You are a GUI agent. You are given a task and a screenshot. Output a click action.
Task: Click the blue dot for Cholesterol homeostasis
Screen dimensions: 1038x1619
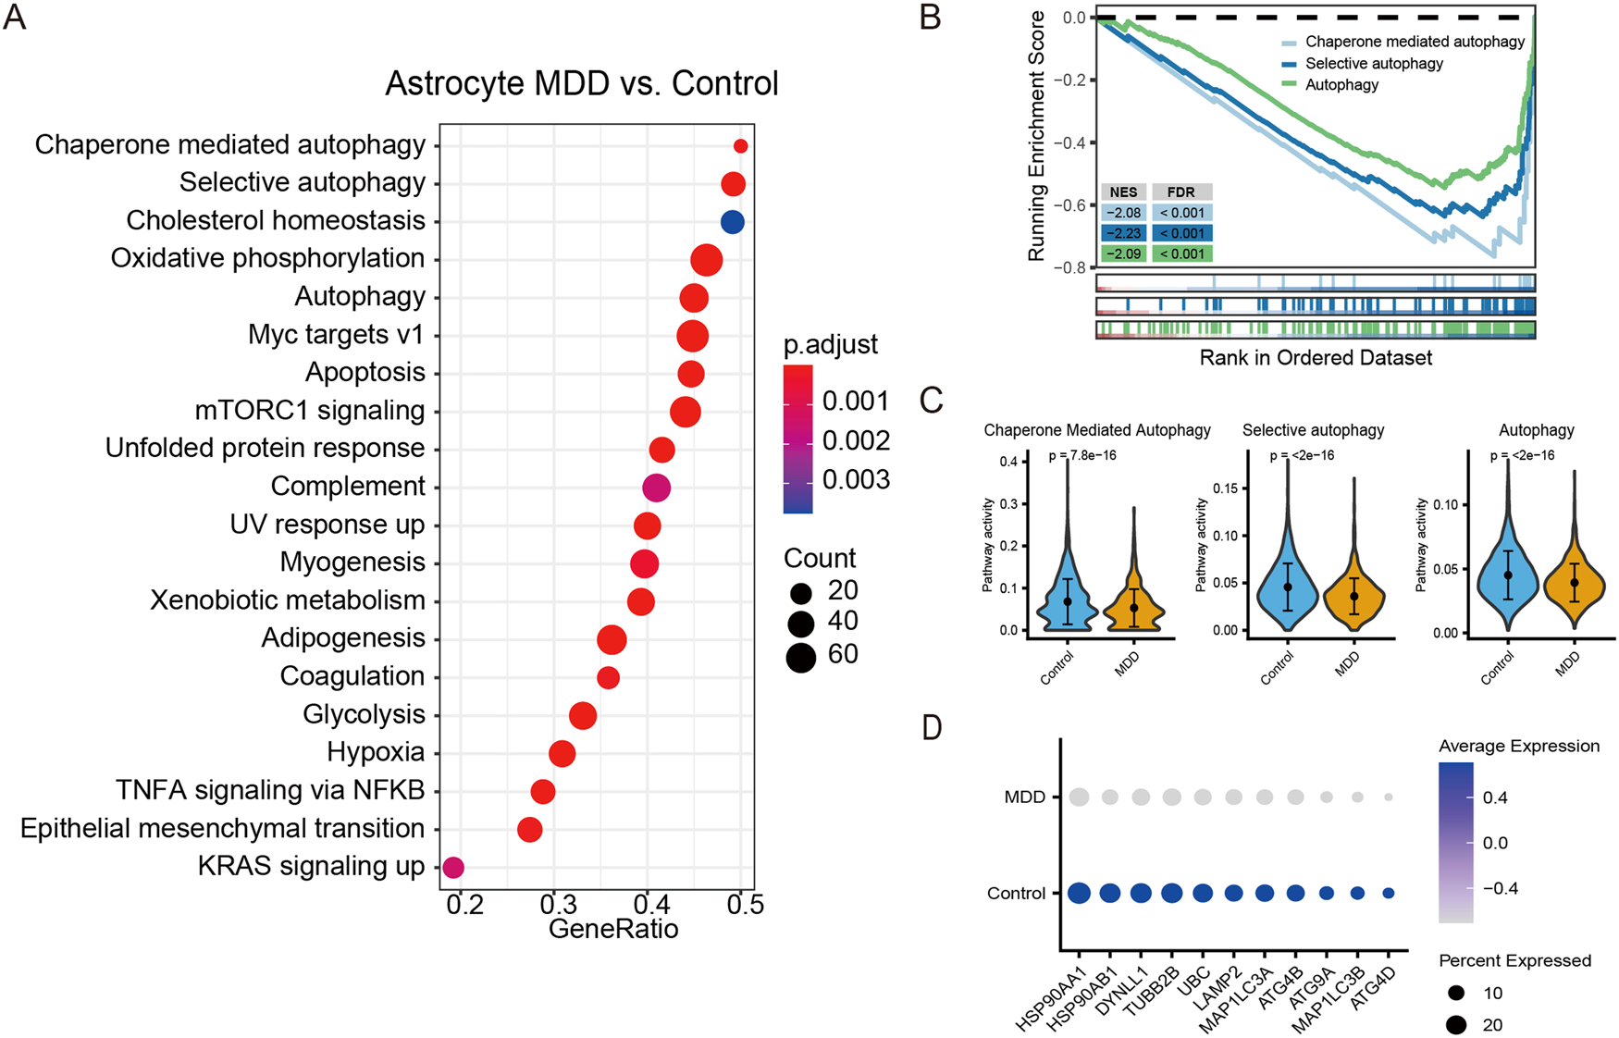[x=732, y=222]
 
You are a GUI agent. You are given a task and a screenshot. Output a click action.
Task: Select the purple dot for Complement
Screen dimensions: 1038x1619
[x=656, y=487]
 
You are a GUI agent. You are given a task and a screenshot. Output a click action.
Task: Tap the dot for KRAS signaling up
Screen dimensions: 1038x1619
[x=452, y=867]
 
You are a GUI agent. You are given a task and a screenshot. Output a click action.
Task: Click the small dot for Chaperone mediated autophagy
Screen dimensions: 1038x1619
[x=740, y=145]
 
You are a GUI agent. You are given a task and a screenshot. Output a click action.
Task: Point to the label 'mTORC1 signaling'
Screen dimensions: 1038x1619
[x=309, y=410]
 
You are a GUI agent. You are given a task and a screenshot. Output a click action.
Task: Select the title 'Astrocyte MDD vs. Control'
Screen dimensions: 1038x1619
[x=581, y=83]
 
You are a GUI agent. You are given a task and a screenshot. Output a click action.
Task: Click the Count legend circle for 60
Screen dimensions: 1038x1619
[x=800, y=657]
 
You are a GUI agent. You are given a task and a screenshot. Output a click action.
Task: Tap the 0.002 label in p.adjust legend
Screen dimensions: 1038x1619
[x=855, y=440]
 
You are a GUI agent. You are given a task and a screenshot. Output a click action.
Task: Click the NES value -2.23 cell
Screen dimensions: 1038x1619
[x=1123, y=233]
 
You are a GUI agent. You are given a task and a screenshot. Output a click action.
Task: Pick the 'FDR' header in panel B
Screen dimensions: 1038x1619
[x=1180, y=192]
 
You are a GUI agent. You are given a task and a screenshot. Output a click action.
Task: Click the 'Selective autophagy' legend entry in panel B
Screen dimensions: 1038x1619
[x=1373, y=63]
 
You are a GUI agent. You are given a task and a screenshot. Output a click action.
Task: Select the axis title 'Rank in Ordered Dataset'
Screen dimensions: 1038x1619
[x=1316, y=358]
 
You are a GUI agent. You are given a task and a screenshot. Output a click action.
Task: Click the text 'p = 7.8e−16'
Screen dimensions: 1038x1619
[x=1082, y=455]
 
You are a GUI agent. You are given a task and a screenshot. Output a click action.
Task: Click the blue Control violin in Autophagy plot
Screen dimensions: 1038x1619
[x=1508, y=578]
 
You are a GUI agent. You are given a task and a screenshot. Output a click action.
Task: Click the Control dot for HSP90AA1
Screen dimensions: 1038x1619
[x=1079, y=893]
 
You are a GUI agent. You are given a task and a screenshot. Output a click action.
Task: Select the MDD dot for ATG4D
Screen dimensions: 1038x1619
[x=1388, y=797]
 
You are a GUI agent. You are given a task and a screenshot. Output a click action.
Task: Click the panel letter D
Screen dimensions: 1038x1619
[x=932, y=728]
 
